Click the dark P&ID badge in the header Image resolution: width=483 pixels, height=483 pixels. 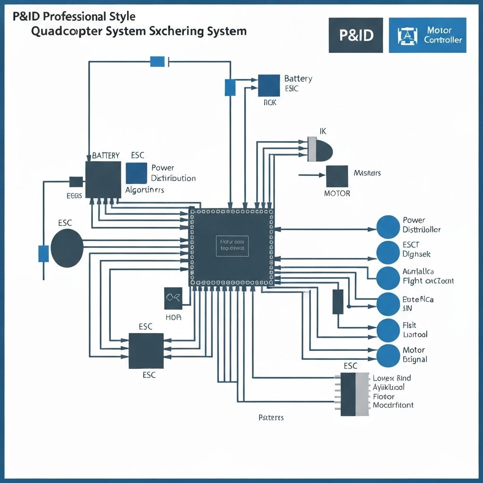(x=355, y=35)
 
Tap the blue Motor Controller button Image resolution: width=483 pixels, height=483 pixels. (x=427, y=35)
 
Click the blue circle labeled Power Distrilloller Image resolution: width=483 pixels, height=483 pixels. (x=388, y=226)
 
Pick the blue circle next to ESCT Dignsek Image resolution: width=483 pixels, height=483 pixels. (x=388, y=252)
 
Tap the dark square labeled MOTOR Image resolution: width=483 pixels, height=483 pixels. (x=337, y=176)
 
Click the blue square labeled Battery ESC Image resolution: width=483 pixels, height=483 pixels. (x=269, y=85)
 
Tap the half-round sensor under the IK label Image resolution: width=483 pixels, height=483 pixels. (x=320, y=149)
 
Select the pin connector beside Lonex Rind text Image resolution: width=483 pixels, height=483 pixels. (x=354, y=394)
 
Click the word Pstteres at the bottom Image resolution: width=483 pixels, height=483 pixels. (x=271, y=418)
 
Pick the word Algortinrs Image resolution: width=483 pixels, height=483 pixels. (x=145, y=190)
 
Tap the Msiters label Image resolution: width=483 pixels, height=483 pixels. (x=367, y=173)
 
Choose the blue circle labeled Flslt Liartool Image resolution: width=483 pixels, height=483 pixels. (x=388, y=330)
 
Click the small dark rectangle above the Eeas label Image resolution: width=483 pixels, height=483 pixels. (x=76, y=182)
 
